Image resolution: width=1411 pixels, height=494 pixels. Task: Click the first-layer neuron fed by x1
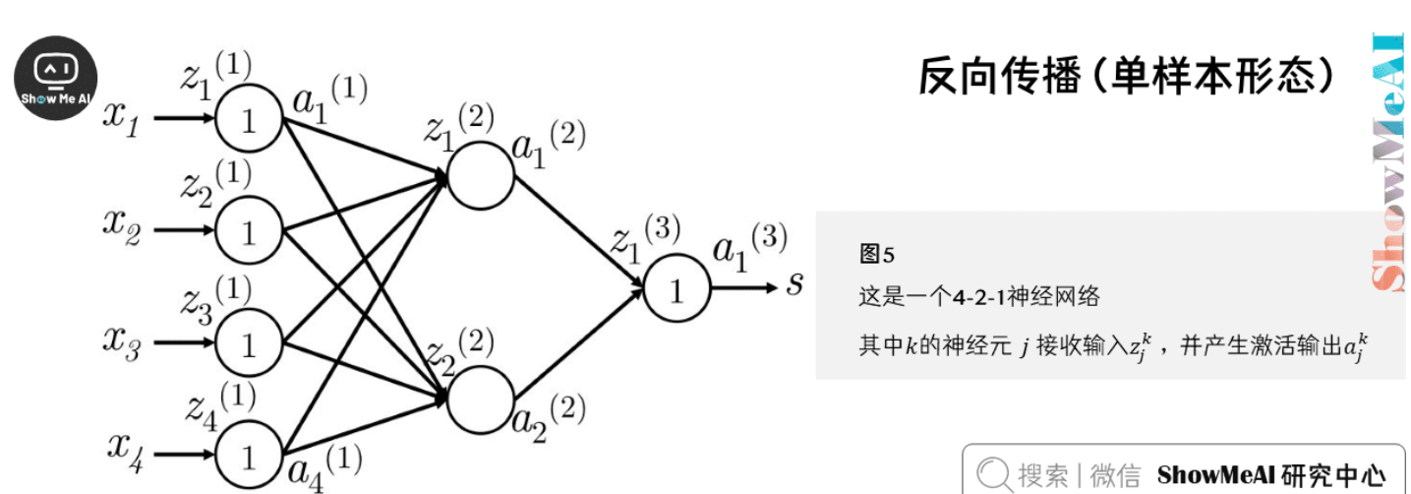coord(248,119)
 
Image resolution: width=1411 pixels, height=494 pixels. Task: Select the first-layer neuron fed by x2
coord(248,231)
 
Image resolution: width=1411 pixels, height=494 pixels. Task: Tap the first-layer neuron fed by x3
coord(248,343)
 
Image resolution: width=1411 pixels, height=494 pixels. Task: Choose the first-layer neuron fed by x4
coord(248,456)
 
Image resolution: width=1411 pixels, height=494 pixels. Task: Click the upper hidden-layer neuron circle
coord(480,176)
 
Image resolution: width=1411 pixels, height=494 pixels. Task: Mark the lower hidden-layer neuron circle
coord(480,399)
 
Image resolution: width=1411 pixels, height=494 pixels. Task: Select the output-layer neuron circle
coord(676,288)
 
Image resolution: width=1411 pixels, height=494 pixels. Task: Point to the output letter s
coord(794,285)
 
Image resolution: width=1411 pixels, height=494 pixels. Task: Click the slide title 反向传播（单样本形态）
coord(1127,76)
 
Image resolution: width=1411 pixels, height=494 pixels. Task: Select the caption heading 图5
coord(876,255)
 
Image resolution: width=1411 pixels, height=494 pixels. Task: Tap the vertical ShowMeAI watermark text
coord(1387,162)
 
